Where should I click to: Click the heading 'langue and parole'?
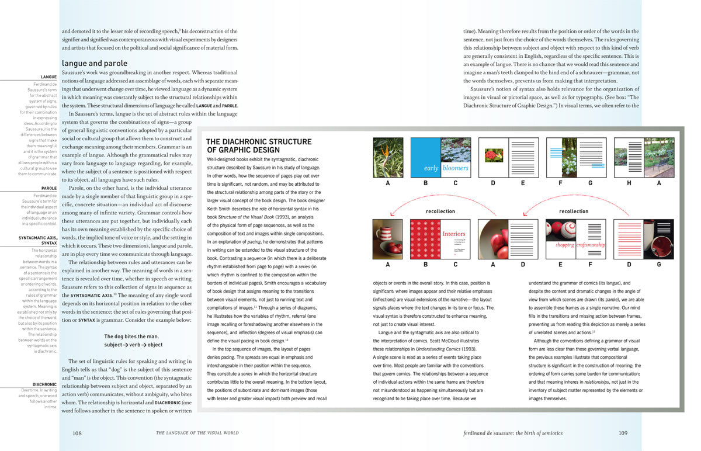[94, 63]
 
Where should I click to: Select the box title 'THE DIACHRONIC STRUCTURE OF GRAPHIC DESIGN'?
[251, 145]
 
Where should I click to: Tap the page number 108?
[77, 433]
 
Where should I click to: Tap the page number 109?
[623, 433]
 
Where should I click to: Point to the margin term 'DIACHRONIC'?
[44, 384]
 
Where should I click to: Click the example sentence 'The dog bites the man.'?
[131, 336]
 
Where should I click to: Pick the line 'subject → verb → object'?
[133, 345]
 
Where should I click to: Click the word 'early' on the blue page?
[431, 168]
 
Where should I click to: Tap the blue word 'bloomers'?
[456, 168]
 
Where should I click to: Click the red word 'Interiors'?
[454, 234]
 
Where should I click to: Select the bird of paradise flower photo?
[388, 157]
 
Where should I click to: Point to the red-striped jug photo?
[388, 239]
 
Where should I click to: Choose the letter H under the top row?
[629, 183]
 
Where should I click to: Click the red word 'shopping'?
[564, 245]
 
